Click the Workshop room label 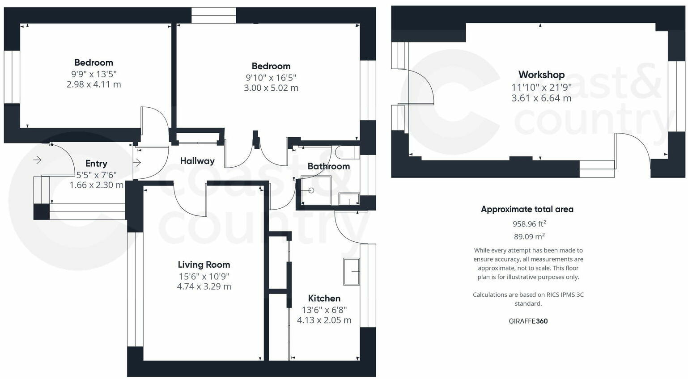[x=541, y=75]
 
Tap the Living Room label [x=204, y=265]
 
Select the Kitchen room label [x=324, y=298]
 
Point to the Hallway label [x=197, y=161]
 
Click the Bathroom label [x=328, y=166]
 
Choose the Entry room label [x=96, y=164]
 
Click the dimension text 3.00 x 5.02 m [x=271, y=88]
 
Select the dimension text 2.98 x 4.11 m [x=93, y=84]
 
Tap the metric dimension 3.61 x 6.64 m [x=541, y=98]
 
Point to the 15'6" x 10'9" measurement [x=204, y=276]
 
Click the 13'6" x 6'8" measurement [x=324, y=310]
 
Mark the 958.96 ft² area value [x=529, y=223]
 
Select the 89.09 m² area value [x=529, y=236]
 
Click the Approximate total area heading [x=527, y=209]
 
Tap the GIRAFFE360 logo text [x=528, y=321]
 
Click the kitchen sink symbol [x=351, y=271]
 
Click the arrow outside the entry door [x=37, y=160]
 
